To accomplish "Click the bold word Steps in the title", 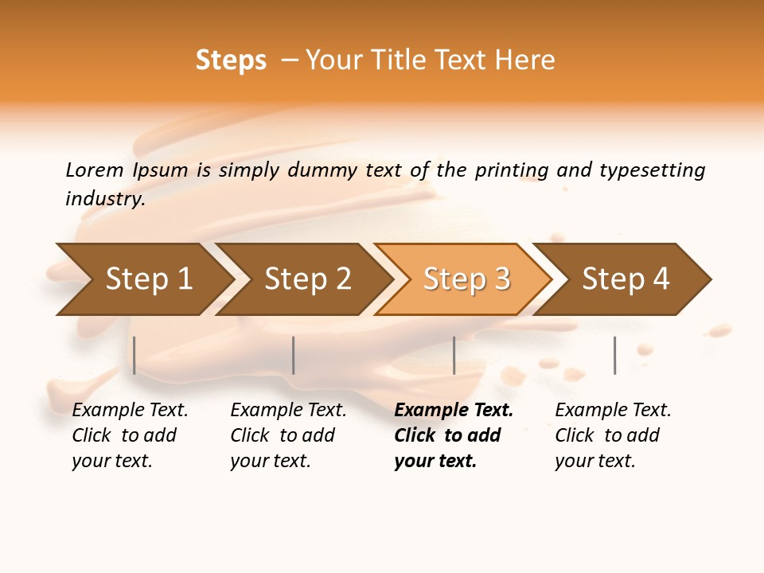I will click(x=231, y=60).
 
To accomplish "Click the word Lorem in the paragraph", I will click(x=95, y=170).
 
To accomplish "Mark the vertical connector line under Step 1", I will click(x=134, y=355).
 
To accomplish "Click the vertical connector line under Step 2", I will click(x=294, y=355).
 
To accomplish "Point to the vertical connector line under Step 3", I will click(x=454, y=355).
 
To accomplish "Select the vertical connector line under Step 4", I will click(x=614, y=355).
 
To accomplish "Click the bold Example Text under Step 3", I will click(x=454, y=411).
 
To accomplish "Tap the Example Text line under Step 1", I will click(x=130, y=411).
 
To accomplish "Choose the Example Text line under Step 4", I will click(x=613, y=411).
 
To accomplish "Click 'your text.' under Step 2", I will click(x=270, y=461).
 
